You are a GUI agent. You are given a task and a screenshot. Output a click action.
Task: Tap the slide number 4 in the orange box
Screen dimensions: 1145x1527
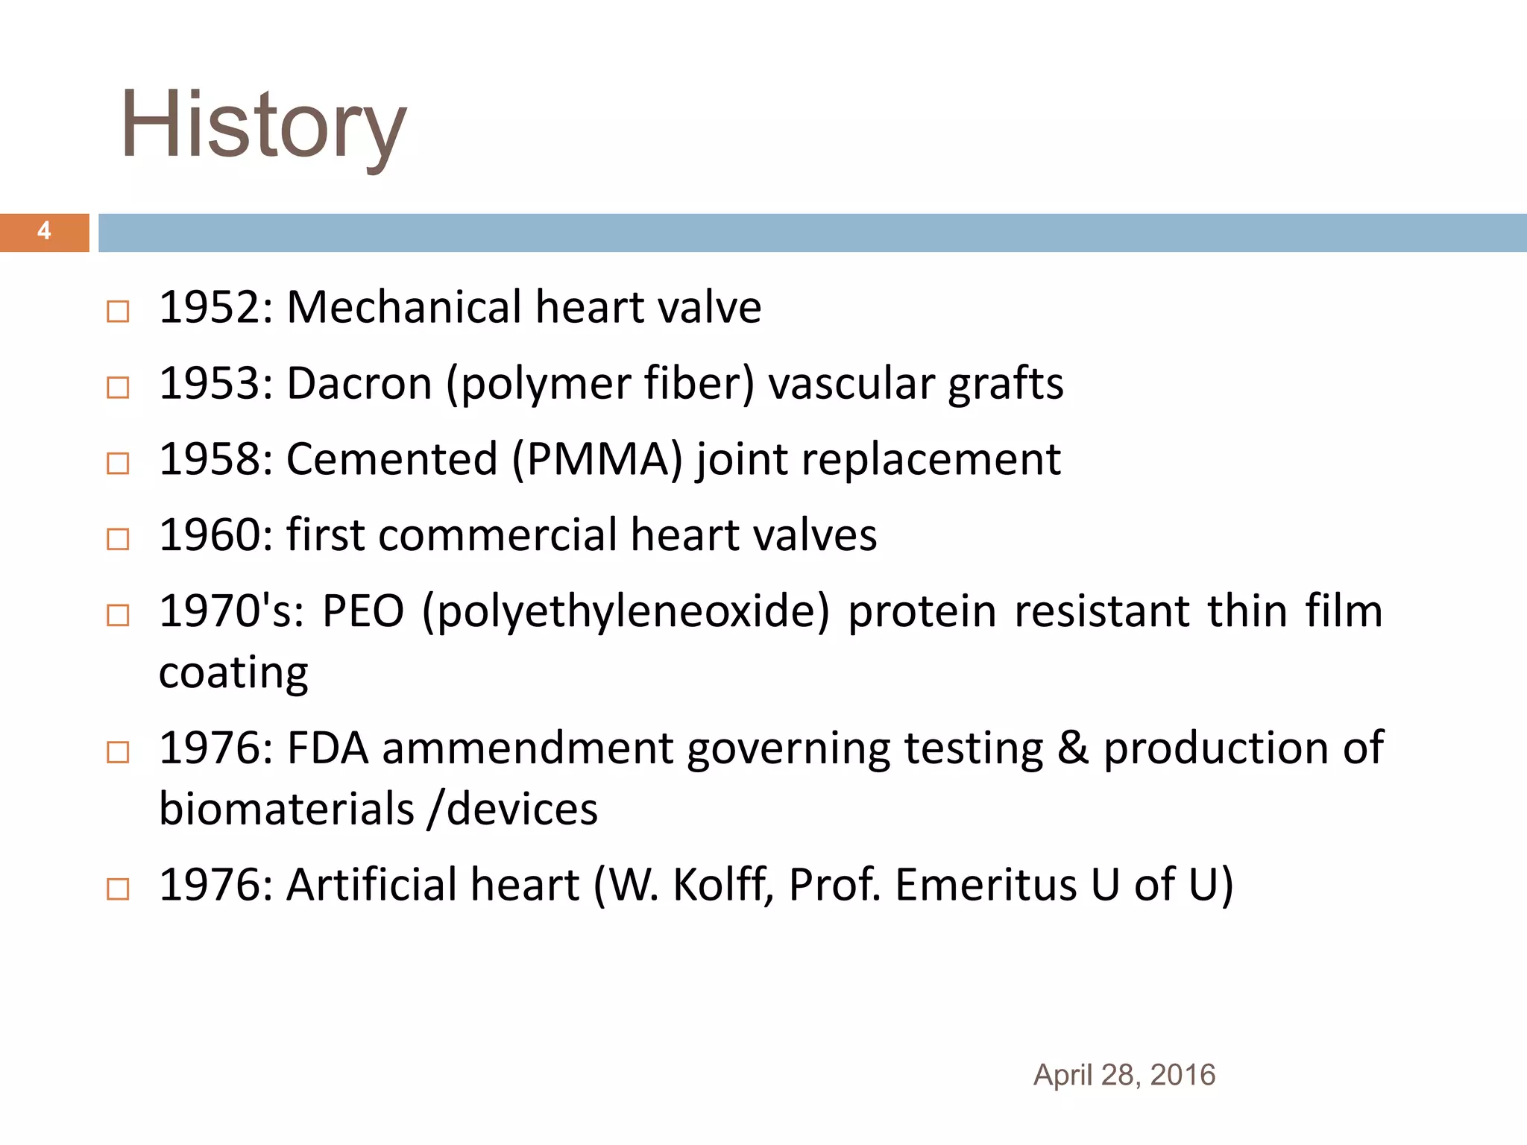tap(44, 231)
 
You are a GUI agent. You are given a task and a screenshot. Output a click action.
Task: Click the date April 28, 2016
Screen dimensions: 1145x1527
tap(1124, 1075)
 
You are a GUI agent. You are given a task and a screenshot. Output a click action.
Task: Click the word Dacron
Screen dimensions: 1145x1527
tap(359, 384)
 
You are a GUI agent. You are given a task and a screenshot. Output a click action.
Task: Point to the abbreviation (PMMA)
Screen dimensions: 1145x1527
tap(596, 459)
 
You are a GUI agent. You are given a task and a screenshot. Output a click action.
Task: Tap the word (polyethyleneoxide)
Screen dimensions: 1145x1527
tap(625, 612)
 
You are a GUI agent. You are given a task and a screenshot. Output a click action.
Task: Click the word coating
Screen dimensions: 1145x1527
tap(233, 673)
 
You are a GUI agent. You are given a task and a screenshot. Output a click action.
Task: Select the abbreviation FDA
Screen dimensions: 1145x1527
tap(327, 748)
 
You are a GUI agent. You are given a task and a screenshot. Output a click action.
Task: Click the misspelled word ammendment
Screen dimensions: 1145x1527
tap(528, 748)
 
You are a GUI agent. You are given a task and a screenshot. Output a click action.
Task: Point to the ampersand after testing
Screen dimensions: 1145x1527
tap(1072, 748)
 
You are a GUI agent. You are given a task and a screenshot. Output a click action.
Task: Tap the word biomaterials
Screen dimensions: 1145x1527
tap(286, 810)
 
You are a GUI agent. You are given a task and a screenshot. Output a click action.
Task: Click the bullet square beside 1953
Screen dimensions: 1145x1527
tap(118, 387)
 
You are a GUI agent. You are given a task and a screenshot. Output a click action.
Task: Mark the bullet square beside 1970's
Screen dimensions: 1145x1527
tap(118, 615)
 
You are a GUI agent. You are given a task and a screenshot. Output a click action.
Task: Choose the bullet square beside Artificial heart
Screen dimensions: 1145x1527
tap(118, 889)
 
